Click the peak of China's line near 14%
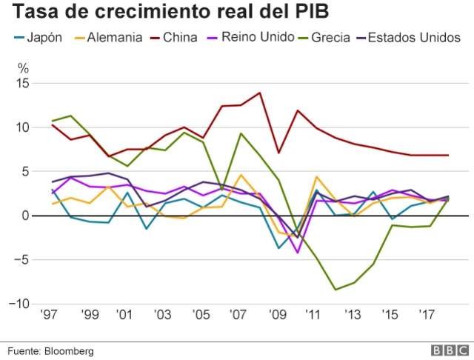point(259,93)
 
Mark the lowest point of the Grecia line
point(336,290)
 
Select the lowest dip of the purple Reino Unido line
point(298,253)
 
